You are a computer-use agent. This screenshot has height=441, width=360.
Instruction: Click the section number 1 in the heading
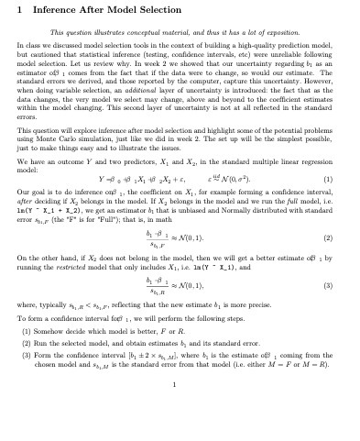(x=21, y=11)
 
